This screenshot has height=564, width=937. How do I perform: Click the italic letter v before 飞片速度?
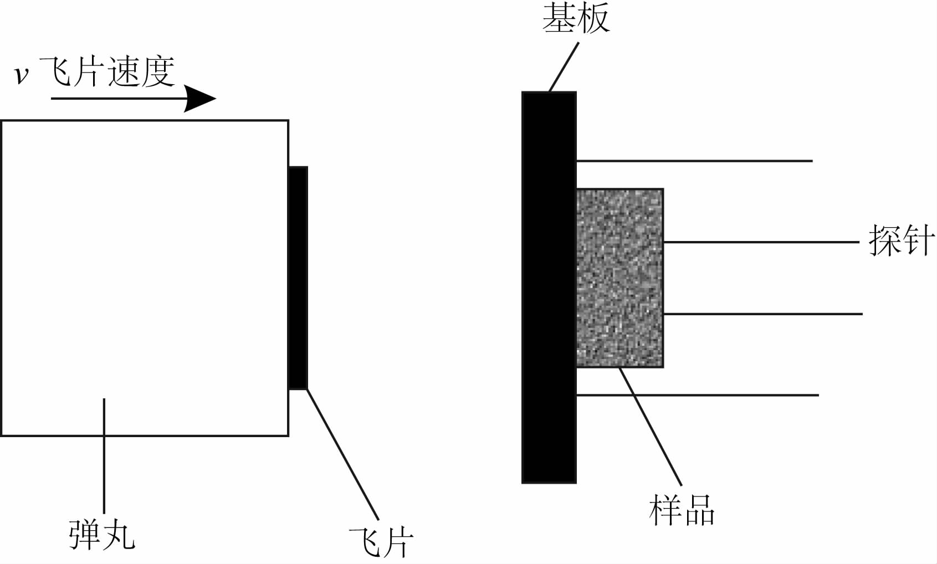21,75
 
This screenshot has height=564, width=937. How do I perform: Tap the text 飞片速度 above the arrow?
107,71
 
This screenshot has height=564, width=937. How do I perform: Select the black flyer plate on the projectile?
298,277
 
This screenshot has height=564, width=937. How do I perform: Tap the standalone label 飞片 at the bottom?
381,541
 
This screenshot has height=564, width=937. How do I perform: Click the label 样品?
682,510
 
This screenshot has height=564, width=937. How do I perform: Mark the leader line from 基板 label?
564,66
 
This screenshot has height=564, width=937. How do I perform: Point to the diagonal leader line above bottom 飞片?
342,454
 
